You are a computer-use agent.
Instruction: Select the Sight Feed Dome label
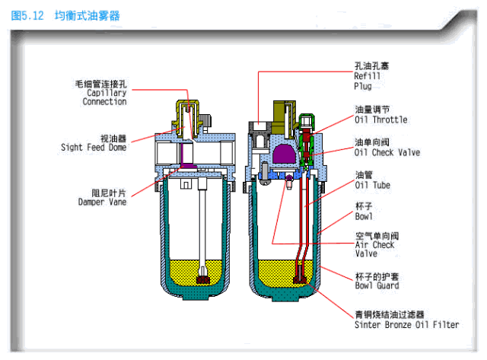pyautogui.click(x=93, y=148)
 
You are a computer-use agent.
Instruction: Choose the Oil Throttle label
pyautogui.click(x=380, y=119)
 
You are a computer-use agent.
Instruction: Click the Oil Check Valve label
pyautogui.click(x=387, y=152)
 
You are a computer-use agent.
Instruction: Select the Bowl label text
pyautogui.click(x=363, y=216)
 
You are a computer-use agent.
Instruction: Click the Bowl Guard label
pyautogui.click(x=377, y=285)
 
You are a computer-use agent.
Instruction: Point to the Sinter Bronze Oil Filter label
pyautogui.click(x=406, y=324)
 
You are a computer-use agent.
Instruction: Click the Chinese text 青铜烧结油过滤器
pyautogui.click(x=388, y=314)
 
